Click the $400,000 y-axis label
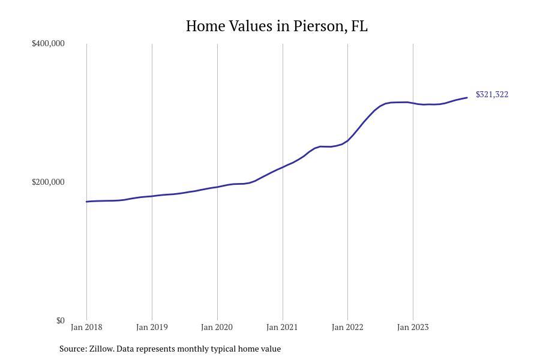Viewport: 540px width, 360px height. coord(48,43)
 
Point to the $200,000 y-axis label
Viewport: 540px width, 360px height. coord(48,182)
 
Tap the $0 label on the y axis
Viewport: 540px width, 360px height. coord(60,320)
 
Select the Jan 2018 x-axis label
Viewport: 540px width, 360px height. coord(86,327)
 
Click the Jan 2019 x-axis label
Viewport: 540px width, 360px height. coord(152,327)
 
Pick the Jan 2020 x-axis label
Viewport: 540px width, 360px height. coord(217,327)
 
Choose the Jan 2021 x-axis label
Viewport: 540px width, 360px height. coord(282,327)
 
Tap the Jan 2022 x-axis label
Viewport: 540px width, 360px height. coord(347,327)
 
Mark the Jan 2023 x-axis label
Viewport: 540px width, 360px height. coord(413,327)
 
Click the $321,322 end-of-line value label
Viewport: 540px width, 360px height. coord(492,94)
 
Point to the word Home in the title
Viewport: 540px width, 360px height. coord(206,26)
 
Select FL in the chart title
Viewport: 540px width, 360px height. coord(359,26)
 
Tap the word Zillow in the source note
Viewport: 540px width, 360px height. coord(101,349)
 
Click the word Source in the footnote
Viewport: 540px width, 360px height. coord(73,349)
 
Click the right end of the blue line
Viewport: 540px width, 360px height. coord(467,97)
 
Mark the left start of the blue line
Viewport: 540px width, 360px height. coord(86,202)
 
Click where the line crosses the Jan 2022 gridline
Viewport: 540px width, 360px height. coord(347,140)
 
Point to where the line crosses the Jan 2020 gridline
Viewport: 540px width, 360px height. coord(217,187)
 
